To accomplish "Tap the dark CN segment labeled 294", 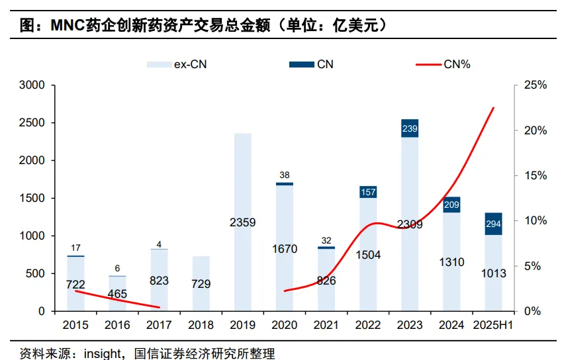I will coord(493,224).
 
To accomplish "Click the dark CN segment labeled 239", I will coord(410,128).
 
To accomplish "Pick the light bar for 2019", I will coord(243,199).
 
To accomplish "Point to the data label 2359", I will coord(243,222).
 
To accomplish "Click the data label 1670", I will coord(285,249).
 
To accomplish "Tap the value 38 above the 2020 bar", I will coord(285,175).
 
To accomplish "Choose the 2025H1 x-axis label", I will coord(493,325).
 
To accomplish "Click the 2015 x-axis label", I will coord(76,325).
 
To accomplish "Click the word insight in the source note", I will coord(101,353).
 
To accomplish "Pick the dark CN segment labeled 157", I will coord(368,192).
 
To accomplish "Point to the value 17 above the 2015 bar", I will coord(76,247).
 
